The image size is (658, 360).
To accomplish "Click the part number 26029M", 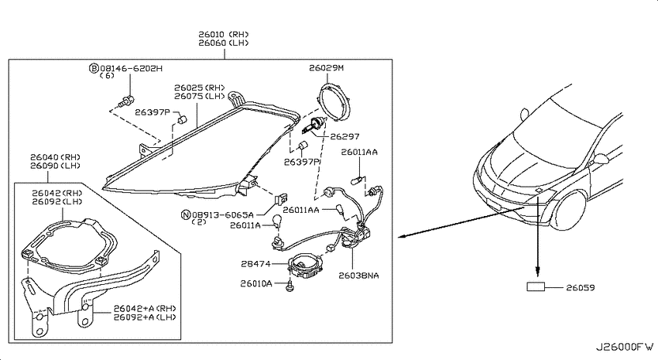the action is coord(326,67).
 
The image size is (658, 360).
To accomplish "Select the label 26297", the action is coord(344,136).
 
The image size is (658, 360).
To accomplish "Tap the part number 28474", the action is coord(255,264).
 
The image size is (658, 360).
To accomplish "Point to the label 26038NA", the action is coord(358,276).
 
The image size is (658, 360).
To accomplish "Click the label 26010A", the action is coord(256,283).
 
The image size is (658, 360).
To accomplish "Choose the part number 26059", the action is coord(581,287).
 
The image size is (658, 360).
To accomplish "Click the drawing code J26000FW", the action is coord(625,348).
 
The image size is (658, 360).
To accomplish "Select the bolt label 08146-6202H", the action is coord(131,68).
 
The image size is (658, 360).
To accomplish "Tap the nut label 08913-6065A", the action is coord(223,214).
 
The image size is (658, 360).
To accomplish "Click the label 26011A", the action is coord(245,225).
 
